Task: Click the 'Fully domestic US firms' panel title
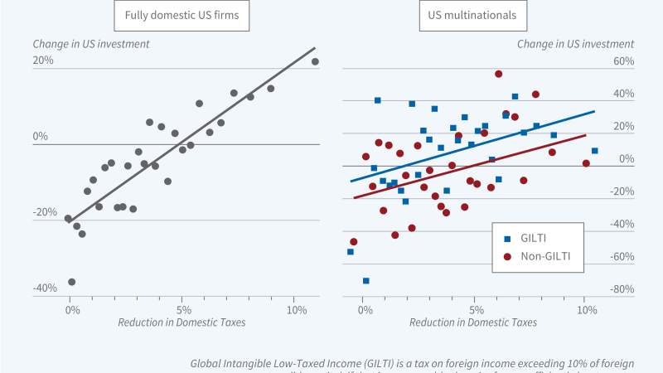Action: [177, 16]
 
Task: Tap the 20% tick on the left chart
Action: [43, 61]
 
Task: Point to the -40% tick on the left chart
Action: [45, 288]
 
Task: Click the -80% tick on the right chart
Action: [621, 289]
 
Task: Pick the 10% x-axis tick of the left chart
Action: [296, 309]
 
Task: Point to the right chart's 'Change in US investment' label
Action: [575, 43]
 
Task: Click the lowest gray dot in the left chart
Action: [71, 282]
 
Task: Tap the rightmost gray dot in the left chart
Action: [315, 61]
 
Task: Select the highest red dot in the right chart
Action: [499, 74]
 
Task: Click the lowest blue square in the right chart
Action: [365, 281]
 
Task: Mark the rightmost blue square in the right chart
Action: [595, 151]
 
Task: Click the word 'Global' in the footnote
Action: [208, 363]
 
